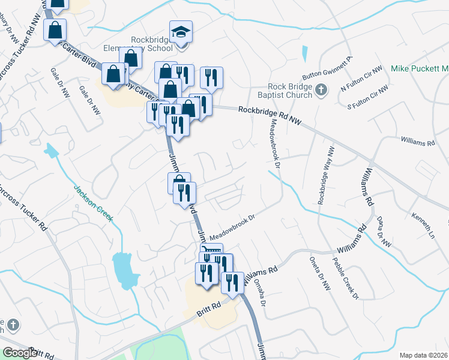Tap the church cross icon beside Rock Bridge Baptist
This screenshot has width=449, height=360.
pyautogui.click(x=321, y=91)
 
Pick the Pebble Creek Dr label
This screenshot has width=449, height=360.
pyautogui.click(x=345, y=279)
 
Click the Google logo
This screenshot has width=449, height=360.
pyautogui.click(x=20, y=353)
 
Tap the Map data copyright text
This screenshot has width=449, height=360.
pyautogui.click(x=423, y=355)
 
